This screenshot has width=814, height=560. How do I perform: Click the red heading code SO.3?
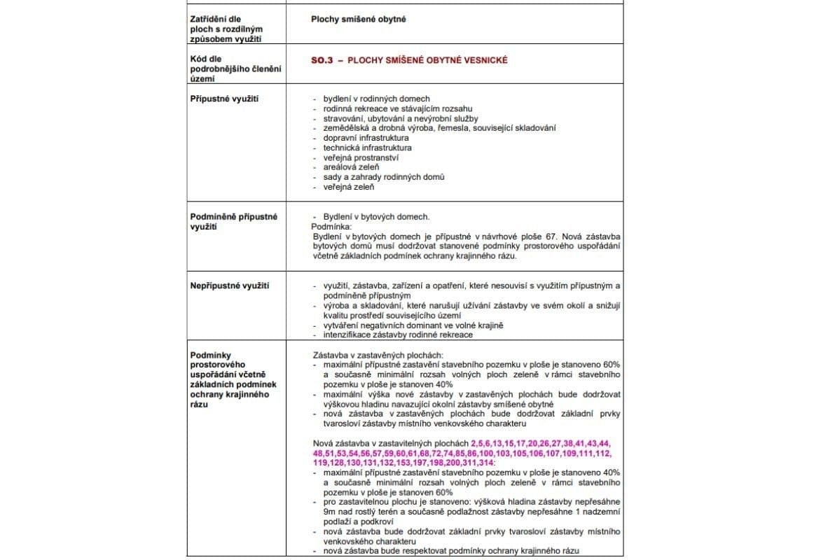coord(322,60)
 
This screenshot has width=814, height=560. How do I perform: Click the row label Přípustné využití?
coord(224,99)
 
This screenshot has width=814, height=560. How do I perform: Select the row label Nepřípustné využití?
coord(230,286)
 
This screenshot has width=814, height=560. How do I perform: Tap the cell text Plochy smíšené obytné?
coord(358,19)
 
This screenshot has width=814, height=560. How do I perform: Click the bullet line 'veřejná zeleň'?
coord(348,187)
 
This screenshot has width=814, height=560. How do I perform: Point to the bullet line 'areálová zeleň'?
coord(351,167)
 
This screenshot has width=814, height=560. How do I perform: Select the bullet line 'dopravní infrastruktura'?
coord(366,138)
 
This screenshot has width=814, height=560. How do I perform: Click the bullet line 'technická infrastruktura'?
coord(367,148)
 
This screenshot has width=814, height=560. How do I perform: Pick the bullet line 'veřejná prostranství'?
coord(361,157)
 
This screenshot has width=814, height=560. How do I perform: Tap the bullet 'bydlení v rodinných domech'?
coord(376,99)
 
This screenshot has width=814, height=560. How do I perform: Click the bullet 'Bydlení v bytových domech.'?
coord(376,216)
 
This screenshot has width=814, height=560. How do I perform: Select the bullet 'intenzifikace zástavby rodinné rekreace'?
coord(397,335)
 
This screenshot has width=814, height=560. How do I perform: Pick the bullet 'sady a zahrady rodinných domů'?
coord(383,177)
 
